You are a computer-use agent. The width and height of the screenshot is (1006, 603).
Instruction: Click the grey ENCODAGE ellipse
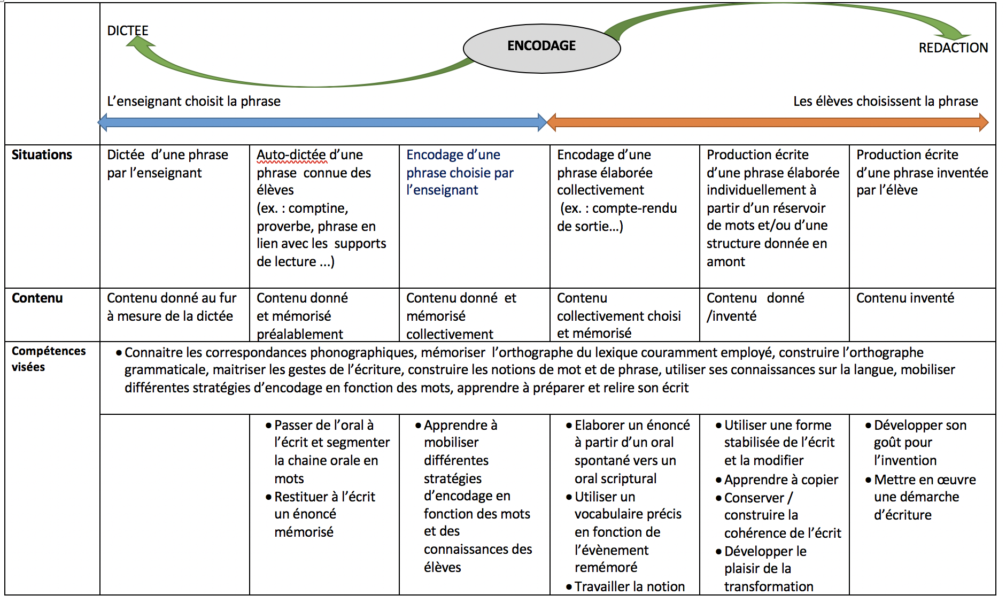coord(541,48)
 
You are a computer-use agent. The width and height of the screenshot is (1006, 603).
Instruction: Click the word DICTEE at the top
coord(128,30)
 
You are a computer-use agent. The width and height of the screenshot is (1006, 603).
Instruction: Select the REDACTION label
coord(953,48)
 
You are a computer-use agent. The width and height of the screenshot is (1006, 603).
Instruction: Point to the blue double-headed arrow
coord(322,122)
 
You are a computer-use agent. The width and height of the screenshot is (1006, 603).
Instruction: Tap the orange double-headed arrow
coord(768,122)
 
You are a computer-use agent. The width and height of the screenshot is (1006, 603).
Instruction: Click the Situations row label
coord(42,154)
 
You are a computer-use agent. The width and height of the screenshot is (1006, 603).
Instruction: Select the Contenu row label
coord(37,298)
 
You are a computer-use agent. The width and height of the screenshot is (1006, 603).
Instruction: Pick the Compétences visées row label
coord(49,359)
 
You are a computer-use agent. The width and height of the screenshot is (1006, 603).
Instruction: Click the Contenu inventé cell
coord(905,298)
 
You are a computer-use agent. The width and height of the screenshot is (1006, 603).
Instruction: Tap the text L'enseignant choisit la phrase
coord(194,101)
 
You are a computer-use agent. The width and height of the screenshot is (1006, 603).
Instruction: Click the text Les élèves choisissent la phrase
coord(885,101)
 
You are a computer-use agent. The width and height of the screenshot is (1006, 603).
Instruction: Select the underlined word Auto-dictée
coord(291,154)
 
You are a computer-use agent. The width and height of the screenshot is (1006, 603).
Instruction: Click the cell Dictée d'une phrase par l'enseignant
coord(167,164)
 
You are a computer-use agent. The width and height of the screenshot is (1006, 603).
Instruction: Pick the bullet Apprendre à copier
coord(777,480)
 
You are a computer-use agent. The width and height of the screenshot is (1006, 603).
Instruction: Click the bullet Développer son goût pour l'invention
coord(916,443)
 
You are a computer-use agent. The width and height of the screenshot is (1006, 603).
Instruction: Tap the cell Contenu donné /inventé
coord(755,307)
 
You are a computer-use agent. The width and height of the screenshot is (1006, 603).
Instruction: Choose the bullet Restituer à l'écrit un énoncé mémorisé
coord(320,514)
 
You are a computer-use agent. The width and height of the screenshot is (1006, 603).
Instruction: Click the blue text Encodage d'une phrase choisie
coord(460,164)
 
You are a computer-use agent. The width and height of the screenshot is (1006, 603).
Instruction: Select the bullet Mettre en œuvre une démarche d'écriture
coord(920,497)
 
